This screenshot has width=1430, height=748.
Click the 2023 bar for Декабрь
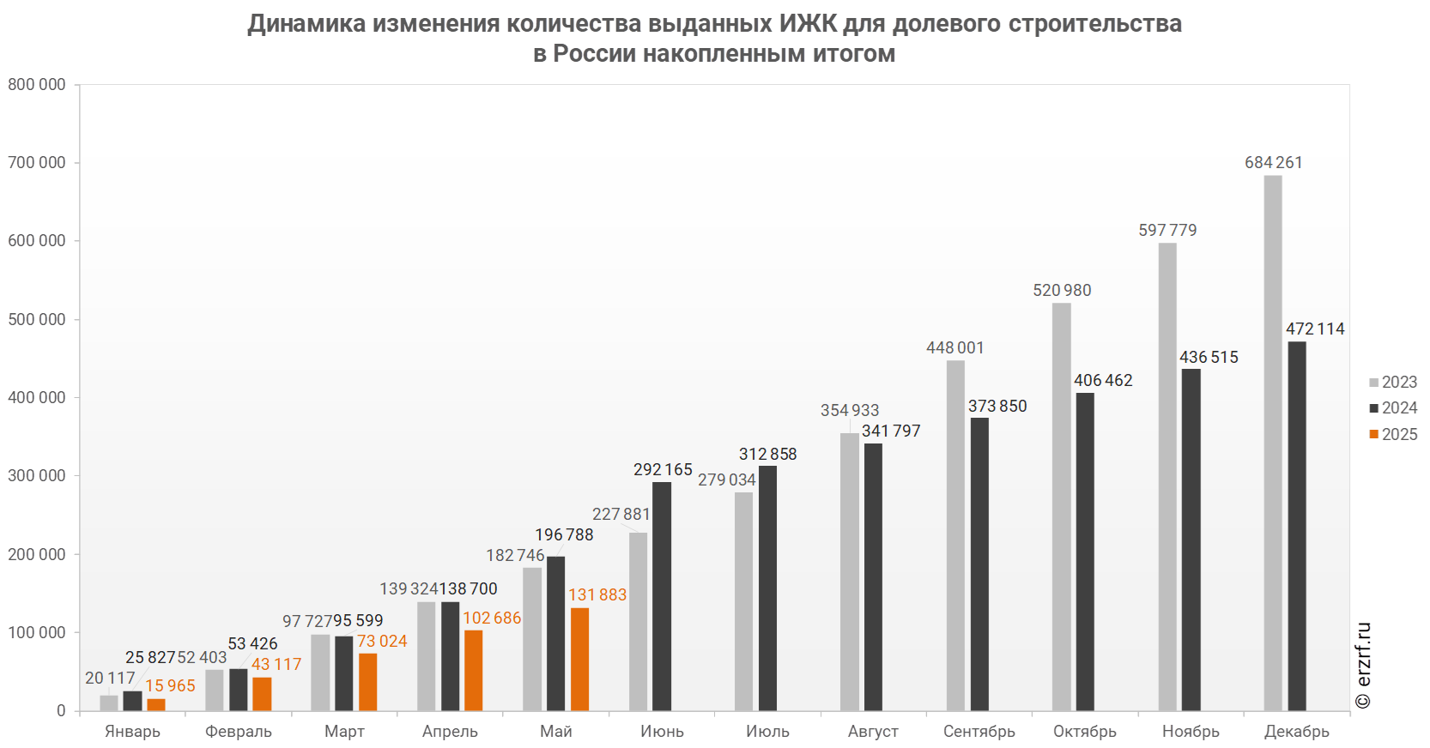(1273, 443)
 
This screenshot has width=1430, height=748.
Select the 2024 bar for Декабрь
(1297, 526)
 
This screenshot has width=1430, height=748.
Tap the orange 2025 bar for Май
(579, 659)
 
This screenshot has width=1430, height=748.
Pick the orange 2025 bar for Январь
(156, 704)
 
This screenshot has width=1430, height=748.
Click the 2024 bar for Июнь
(662, 596)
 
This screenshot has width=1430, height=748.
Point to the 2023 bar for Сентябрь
(955, 535)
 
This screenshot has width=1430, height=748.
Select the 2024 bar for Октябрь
(1085, 552)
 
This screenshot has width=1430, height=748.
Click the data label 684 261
(1274, 162)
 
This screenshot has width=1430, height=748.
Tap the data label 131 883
(597, 594)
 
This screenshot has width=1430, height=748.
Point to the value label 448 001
(955, 347)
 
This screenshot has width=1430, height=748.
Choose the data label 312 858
(768, 454)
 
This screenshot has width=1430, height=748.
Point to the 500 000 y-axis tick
(37, 319)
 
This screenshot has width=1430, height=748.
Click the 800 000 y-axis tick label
(37, 84)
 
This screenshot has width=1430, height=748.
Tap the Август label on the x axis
(874, 731)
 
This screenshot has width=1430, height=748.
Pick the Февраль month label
(239, 731)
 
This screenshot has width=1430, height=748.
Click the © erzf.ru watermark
(1363, 666)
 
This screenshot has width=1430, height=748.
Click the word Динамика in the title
(306, 23)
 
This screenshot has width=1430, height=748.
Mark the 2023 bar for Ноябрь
(1167, 477)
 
